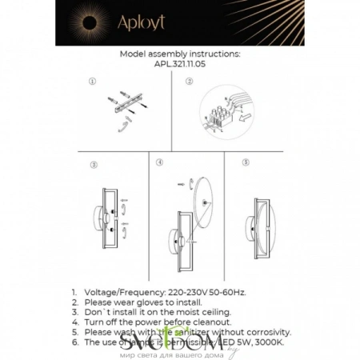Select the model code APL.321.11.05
click(x=179, y=67)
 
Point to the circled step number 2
click(x=189, y=82)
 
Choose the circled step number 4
click(x=159, y=162)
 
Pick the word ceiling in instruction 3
click(x=214, y=313)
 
